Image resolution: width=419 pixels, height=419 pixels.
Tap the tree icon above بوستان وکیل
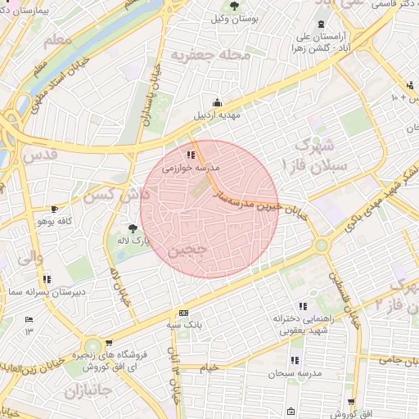pos(234,6)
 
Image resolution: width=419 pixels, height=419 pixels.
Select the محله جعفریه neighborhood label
pos(197,54)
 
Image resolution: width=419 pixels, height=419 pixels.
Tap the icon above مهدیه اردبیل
pos(217,103)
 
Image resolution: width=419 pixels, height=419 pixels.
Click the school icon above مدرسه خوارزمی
pos(191,154)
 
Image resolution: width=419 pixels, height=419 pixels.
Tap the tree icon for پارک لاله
pos(133,228)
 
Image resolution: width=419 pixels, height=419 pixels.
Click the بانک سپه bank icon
pos(183,313)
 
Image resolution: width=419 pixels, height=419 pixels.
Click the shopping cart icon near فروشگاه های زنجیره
pos(109,345)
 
